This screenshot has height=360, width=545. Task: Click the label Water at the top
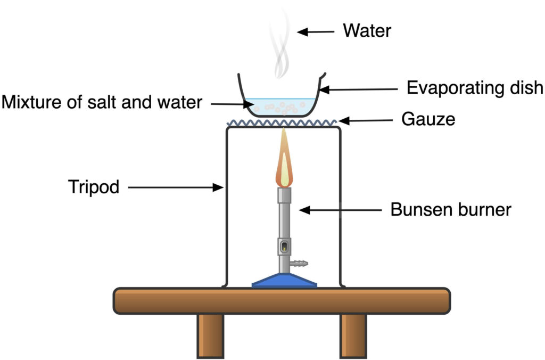(367, 30)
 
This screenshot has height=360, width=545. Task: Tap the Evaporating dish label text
(475, 88)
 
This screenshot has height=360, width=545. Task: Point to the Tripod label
(94, 187)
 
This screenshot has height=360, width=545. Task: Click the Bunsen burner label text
(450, 209)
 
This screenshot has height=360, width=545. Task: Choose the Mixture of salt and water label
(102, 102)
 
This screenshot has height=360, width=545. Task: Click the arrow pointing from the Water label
(316, 31)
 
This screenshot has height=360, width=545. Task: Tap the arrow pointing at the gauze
(368, 120)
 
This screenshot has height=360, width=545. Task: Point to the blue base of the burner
(284, 281)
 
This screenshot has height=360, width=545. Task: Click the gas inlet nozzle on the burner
(300, 264)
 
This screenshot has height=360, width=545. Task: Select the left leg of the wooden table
(210, 335)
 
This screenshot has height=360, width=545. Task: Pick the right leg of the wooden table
(353, 335)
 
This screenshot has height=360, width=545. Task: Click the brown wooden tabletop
(282, 300)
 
